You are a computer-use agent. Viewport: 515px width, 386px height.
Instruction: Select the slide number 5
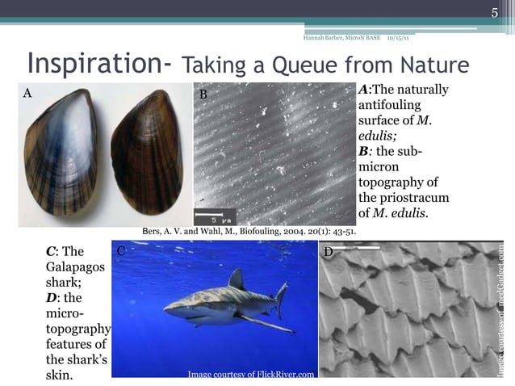496,10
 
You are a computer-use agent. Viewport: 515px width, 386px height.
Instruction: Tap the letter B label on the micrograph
203,94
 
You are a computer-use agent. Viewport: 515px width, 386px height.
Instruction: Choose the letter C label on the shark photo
120,251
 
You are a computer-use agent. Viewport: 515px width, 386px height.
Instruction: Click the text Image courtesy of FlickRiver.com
251,374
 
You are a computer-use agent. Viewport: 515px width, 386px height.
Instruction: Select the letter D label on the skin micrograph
329,253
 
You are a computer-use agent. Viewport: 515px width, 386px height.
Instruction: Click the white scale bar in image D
356,248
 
